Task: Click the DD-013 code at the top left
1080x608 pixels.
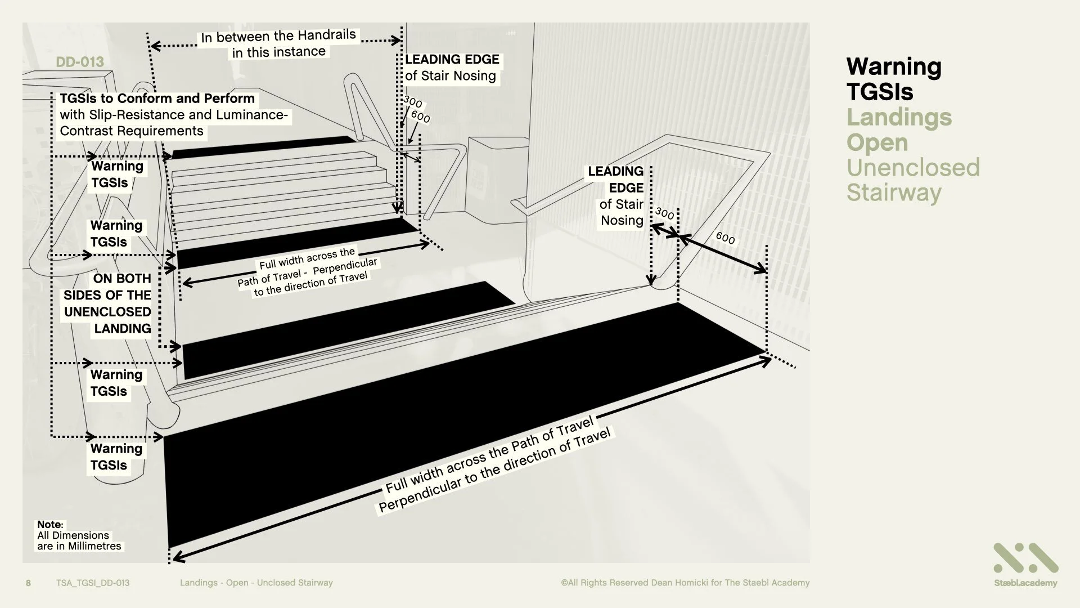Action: [80, 62]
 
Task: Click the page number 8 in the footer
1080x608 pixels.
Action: [29, 583]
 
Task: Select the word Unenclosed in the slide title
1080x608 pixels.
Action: [913, 167]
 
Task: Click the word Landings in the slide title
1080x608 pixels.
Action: [899, 117]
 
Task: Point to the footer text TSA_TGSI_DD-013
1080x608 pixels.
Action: [93, 583]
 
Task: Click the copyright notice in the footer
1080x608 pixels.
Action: [685, 583]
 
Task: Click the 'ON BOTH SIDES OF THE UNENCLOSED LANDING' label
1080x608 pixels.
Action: [107, 303]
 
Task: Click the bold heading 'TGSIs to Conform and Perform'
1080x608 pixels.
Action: [157, 99]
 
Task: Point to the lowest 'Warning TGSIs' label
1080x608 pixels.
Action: [116, 457]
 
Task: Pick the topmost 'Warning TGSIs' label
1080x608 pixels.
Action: [117, 174]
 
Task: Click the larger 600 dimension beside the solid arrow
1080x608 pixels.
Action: [725, 238]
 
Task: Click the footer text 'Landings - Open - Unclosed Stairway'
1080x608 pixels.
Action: [256, 583]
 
